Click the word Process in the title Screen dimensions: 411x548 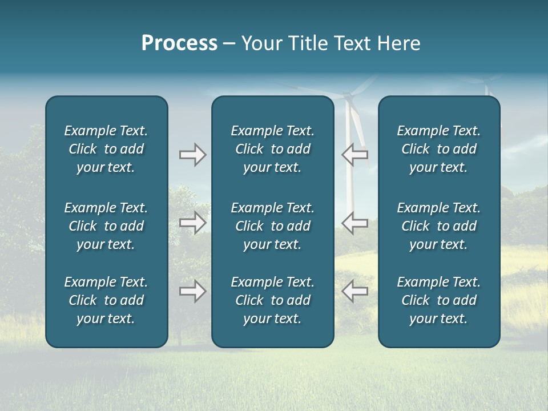pyautogui.click(x=179, y=43)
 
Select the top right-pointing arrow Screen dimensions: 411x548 pyautogui.click(x=192, y=155)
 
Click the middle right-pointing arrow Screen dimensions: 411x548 pyautogui.click(x=192, y=223)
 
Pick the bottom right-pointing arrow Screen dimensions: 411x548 pyautogui.click(x=192, y=291)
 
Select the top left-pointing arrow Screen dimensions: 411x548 pyautogui.click(x=354, y=155)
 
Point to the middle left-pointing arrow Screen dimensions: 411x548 pyautogui.click(x=354, y=223)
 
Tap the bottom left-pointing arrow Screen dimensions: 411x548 pyautogui.click(x=354, y=291)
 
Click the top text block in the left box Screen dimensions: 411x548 pyautogui.click(x=106, y=149)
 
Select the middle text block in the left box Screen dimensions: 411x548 pyautogui.click(x=106, y=226)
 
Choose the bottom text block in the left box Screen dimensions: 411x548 pyautogui.click(x=106, y=300)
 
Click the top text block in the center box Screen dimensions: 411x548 pyautogui.click(x=272, y=149)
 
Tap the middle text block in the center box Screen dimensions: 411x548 pyautogui.click(x=272, y=226)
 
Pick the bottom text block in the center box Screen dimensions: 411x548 pyautogui.click(x=272, y=300)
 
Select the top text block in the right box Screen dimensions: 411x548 pyautogui.click(x=438, y=149)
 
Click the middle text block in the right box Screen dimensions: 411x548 pyautogui.click(x=438, y=226)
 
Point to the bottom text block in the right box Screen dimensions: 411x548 pyautogui.click(x=438, y=300)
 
